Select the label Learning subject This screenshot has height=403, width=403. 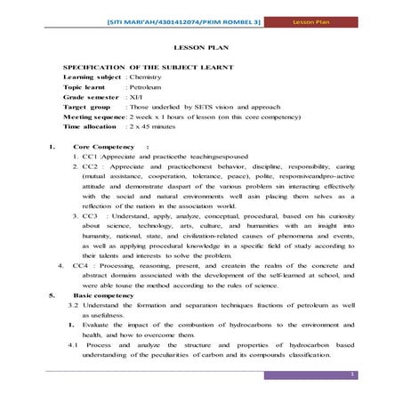click(x=92, y=78)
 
